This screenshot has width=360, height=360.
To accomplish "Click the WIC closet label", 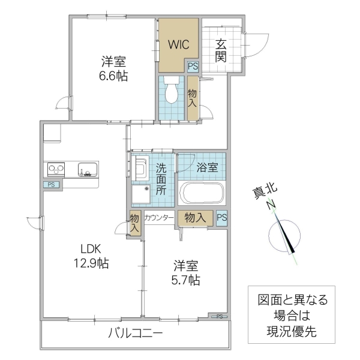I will (x=178, y=44).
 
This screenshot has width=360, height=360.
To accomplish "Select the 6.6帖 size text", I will (x=113, y=76).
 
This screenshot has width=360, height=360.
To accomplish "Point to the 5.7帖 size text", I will (x=187, y=280).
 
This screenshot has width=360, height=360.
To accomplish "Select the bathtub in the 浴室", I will (x=202, y=194).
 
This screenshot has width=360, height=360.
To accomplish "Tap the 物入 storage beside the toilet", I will (x=192, y=98).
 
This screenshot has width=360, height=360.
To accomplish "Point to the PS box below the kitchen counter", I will (x=52, y=185).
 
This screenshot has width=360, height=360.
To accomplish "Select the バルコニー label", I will (x=135, y=334).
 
